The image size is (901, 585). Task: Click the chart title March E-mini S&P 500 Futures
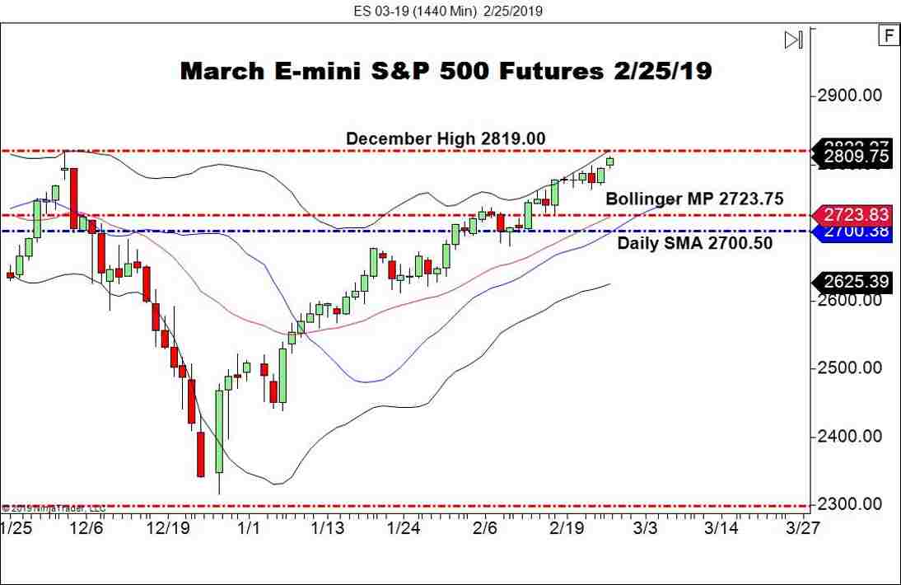pos(446,71)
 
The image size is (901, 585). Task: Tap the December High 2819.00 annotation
pos(445,138)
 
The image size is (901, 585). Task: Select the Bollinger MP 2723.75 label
pos(694,199)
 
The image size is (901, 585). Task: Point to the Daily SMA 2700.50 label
pos(694,243)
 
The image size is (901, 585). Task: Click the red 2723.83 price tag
pos(855,215)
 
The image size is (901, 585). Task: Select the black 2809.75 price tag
pos(855,156)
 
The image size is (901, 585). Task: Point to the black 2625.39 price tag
pos(855,283)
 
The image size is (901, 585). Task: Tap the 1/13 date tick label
pos(327,527)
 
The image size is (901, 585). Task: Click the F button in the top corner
pos(889,36)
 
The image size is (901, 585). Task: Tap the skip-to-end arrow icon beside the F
pos(793,40)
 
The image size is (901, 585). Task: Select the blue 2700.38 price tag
pos(855,232)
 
